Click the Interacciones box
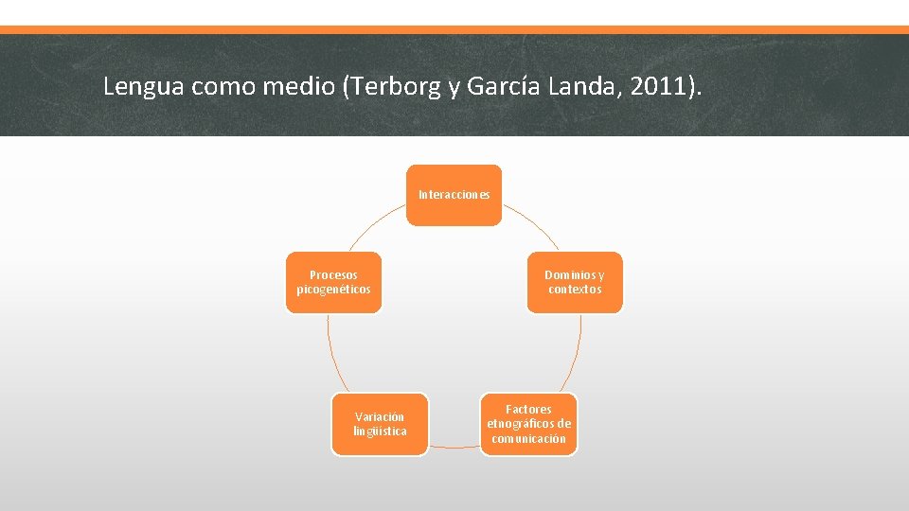pos(454,195)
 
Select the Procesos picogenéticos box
pos(333,282)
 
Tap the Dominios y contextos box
pos(575,282)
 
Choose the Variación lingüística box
pos(380,424)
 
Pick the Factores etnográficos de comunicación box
pos(528,424)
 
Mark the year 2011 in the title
pos(663,87)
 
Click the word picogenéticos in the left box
pos(333,290)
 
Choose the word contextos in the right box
pos(575,290)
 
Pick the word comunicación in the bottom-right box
pos(528,438)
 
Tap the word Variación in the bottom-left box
pos(380,416)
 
